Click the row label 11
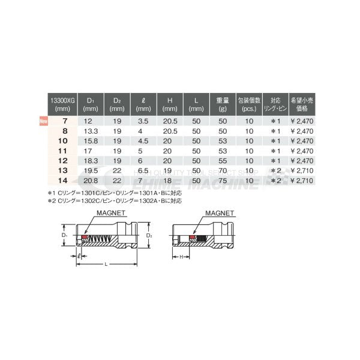click(x=62, y=151)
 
